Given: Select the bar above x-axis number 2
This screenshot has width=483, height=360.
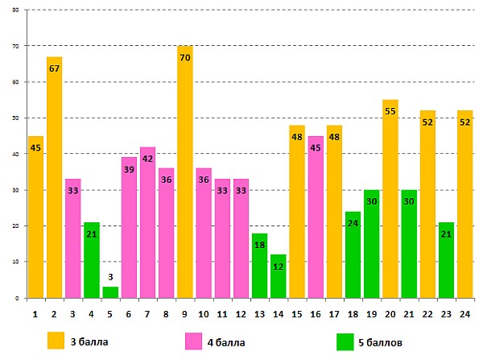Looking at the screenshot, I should pyautogui.click(x=54, y=177).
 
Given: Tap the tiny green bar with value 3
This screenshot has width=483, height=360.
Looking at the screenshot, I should pyautogui.click(x=110, y=292).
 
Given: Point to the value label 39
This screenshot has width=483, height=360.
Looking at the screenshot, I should pyautogui.click(x=129, y=168).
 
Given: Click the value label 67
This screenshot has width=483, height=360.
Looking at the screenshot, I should pyautogui.click(x=54, y=68).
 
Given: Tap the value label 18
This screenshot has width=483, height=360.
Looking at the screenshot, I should pyautogui.click(x=260, y=245).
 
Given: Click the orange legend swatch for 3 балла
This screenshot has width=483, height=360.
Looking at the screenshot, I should pyautogui.click(x=56, y=340).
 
